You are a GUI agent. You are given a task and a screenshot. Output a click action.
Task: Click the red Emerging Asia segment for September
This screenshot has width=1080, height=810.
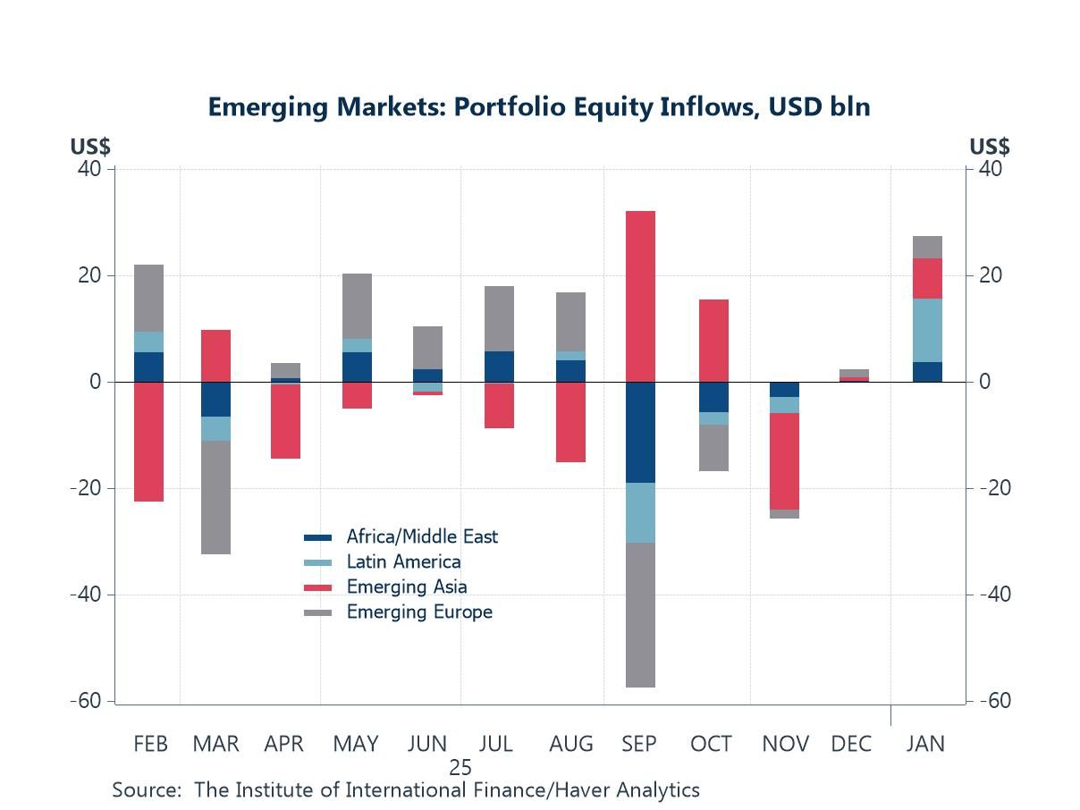click(x=640, y=296)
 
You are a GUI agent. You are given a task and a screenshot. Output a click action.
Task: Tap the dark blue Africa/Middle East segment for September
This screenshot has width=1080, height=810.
click(x=640, y=432)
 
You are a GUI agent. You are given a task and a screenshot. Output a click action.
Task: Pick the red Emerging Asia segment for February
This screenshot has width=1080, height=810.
click(x=148, y=442)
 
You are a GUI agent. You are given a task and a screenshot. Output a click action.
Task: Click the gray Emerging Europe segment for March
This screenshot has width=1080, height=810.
click(x=215, y=497)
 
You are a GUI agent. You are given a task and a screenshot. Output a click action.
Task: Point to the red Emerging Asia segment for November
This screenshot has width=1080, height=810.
click(x=784, y=461)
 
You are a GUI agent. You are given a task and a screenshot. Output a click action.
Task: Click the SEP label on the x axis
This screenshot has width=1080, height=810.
click(x=638, y=744)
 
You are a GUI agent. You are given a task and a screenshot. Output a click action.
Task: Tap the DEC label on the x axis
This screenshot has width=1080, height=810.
click(x=850, y=744)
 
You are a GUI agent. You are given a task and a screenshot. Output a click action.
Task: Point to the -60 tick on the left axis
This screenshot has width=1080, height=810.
click(x=86, y=701)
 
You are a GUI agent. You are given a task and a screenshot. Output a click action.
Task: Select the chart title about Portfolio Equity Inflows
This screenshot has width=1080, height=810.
click(x=539, y=107)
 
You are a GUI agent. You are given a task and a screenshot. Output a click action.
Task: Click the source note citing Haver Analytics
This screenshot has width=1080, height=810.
click(x=406, y=790)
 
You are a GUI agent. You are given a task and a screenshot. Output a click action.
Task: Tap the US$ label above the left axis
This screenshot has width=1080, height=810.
click(x=90, y=147)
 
